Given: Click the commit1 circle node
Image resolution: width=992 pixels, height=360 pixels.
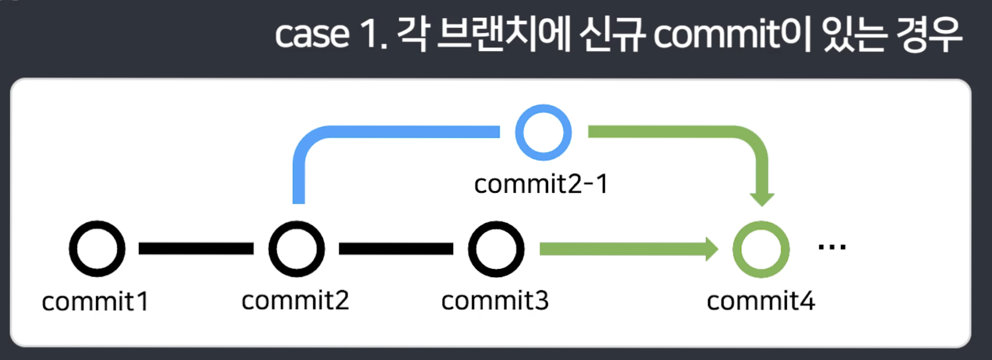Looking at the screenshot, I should pyautogui.click(x=97, y=249).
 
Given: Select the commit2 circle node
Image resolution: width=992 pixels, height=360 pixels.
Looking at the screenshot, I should pyautogui.click(x=297, y=249).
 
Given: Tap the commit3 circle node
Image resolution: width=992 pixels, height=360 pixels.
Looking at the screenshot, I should pyautogui.click(x=496, y=249).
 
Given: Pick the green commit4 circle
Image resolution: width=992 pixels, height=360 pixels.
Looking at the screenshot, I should pyautogui.click(x=761, y=249).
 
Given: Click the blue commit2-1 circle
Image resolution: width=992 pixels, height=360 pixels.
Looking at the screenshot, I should pyautogui.click(x=543, y=132).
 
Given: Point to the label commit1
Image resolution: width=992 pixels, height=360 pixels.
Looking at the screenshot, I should pyautogui.click(x=95, y=302).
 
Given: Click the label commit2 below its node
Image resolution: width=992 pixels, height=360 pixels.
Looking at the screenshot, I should pyautogui.click(x=295, y=301).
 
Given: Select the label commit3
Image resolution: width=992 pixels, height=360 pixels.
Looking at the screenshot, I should pyautogui.click(x=495, y=301).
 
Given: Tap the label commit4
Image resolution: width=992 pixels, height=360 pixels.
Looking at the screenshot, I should pyautogui.click(x=760, y=301).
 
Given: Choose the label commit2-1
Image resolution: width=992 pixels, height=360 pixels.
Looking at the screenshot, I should pyautogui.click(x=541, y=184).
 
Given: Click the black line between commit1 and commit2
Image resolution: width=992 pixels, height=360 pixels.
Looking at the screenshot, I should pyautogui.click(x=196, y=249).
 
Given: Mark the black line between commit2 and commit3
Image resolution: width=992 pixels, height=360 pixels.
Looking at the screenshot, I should pyautogui.click(x=396, y=249).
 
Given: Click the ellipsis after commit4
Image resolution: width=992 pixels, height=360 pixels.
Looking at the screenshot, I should pyautogui.click(x=832, y=247).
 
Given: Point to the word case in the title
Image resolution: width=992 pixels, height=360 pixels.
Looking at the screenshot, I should pyautogui.click(x=312, y=35).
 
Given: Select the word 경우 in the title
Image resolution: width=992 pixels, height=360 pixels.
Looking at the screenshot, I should pyautogui.click(x=929, y=34).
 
